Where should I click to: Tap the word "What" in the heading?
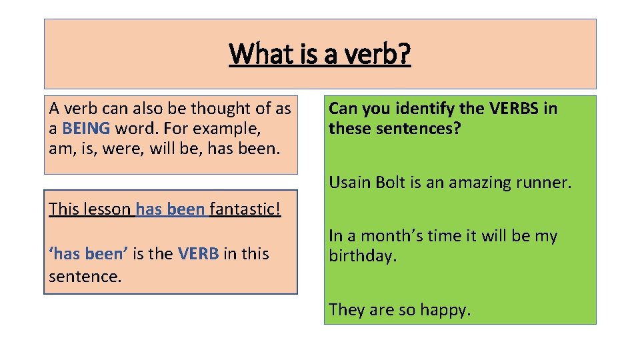[257, 53]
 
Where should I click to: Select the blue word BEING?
[86, 127]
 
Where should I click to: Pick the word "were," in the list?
[125, 147]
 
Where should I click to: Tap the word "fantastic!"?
[245, 209]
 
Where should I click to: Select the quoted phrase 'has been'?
[89, 254]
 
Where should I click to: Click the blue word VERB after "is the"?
[199, 254]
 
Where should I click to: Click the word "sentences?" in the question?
[423, 127]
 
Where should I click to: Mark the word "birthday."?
[363, 256]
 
